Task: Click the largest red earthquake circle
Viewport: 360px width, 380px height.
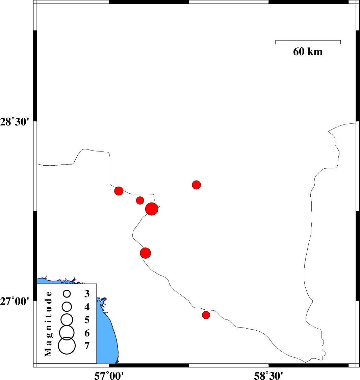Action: pos(152,209)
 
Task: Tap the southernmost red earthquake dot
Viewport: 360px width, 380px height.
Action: pos(206,315)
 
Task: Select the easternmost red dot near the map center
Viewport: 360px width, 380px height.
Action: pos(197,185)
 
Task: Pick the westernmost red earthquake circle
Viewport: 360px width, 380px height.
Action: pos(119,191)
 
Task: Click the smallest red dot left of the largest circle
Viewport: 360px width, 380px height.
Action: pos(140,200)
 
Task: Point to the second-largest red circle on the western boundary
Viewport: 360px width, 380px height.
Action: pos(145,253)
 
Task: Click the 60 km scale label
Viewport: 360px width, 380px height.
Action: pos(308,52)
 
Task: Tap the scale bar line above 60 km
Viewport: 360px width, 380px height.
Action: pos(308,40)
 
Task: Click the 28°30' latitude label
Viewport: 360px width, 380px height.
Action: pos(17,122)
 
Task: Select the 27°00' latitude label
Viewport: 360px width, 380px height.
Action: pos(17,301)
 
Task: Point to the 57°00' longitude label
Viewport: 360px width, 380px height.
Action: pos(109,374)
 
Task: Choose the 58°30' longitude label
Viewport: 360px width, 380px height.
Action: pos(268,374)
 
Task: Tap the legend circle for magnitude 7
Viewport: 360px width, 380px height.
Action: pos(67,346)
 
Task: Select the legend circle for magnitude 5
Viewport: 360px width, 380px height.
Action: pos(67,319)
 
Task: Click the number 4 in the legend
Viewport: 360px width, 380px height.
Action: pos(87,307)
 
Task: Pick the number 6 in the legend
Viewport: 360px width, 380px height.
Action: pos(87,333)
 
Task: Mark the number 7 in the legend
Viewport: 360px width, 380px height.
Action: pos(87,346)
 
